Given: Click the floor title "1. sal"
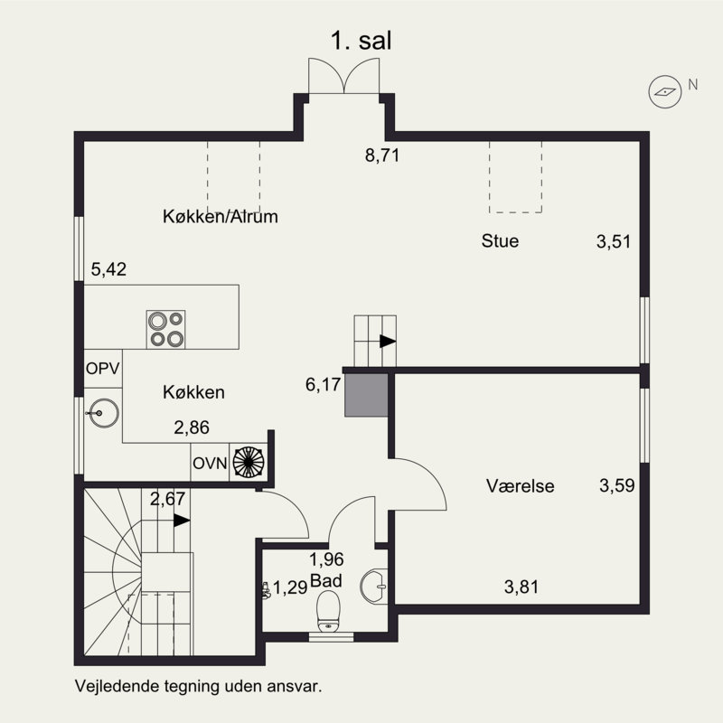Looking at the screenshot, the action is (361, 41).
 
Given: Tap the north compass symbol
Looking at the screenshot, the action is (665, 92).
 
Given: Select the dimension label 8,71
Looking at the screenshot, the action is (382, 155).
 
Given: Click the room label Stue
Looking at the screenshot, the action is (500, 240).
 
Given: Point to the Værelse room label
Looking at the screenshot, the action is (521, 485).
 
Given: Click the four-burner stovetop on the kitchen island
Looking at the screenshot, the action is (166, 329).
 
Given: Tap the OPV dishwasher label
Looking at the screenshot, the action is (103, 369).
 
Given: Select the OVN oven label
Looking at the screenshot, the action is (210, 463).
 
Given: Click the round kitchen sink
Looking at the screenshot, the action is (104, 413).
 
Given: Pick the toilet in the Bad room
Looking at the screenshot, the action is (328, 612).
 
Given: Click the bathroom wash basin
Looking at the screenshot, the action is (373, 587).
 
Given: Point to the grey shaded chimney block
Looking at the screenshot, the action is (367, 395).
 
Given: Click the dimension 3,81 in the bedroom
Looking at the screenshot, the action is (521, 587).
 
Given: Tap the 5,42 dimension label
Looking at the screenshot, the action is (108, 269).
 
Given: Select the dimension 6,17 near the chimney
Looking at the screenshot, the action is (323, 384).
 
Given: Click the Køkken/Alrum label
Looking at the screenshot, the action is (221, 216).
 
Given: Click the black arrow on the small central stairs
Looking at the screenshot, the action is (388, 342).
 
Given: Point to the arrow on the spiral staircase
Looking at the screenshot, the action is (182, 521).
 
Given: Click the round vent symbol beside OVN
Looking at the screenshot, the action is (248, 462).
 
